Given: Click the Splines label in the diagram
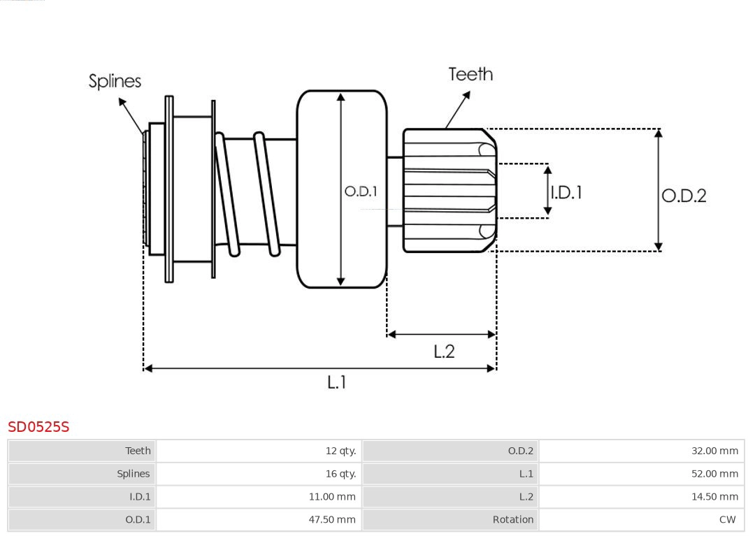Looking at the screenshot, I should [115, 81].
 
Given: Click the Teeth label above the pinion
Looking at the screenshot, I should [470, 74].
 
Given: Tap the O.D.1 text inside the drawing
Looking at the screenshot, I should [361, 191].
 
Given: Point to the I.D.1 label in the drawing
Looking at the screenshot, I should [566, 192].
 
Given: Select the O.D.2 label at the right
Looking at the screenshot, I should [684, 196].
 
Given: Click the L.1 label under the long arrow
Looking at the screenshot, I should [337, 382].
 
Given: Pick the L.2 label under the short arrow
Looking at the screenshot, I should [444, 351].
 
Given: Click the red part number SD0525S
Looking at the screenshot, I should [38, 426].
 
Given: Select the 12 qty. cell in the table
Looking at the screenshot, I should [340, 451].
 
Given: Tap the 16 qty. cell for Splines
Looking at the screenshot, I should [340, 474].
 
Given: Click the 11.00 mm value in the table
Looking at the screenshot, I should [332, 497].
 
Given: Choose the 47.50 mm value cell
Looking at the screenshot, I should [332, 519].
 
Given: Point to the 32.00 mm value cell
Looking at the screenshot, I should [714, 451].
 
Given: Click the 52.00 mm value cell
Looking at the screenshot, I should [714, 474].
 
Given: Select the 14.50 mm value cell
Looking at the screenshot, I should [714, 497].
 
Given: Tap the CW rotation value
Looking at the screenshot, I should [727, 519].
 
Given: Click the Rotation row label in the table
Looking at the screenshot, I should [512, 519].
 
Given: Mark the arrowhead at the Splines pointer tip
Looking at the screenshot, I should [122, 101].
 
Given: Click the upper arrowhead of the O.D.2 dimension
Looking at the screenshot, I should [658, 133].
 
